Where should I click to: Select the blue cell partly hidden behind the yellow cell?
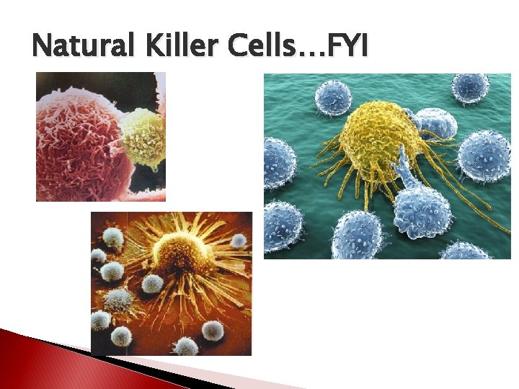click(x=436, y=122)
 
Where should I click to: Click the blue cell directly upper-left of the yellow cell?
click(x=333, y=97)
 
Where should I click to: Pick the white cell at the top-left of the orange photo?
click(x=113, y=235)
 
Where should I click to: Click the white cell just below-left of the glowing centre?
click(x=153, y=283)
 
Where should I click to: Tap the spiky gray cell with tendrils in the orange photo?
click(x=120, y=298)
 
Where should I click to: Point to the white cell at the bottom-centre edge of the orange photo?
click(x=186, y=346)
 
